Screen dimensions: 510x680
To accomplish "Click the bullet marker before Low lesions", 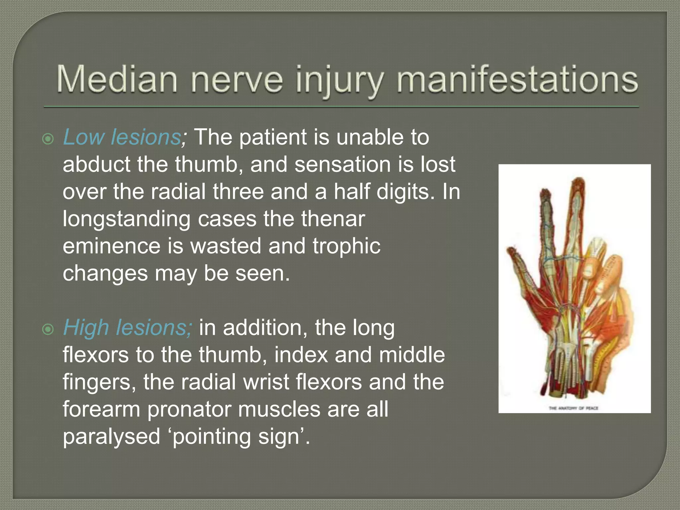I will (x=48, y=139).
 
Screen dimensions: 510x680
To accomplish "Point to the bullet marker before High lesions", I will (x=48, y=329).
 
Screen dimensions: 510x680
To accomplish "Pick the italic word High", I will (x=86, y=328).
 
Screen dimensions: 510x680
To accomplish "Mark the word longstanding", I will (x=127, y=219).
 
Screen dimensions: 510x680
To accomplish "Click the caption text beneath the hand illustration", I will (x=573, y=408).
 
